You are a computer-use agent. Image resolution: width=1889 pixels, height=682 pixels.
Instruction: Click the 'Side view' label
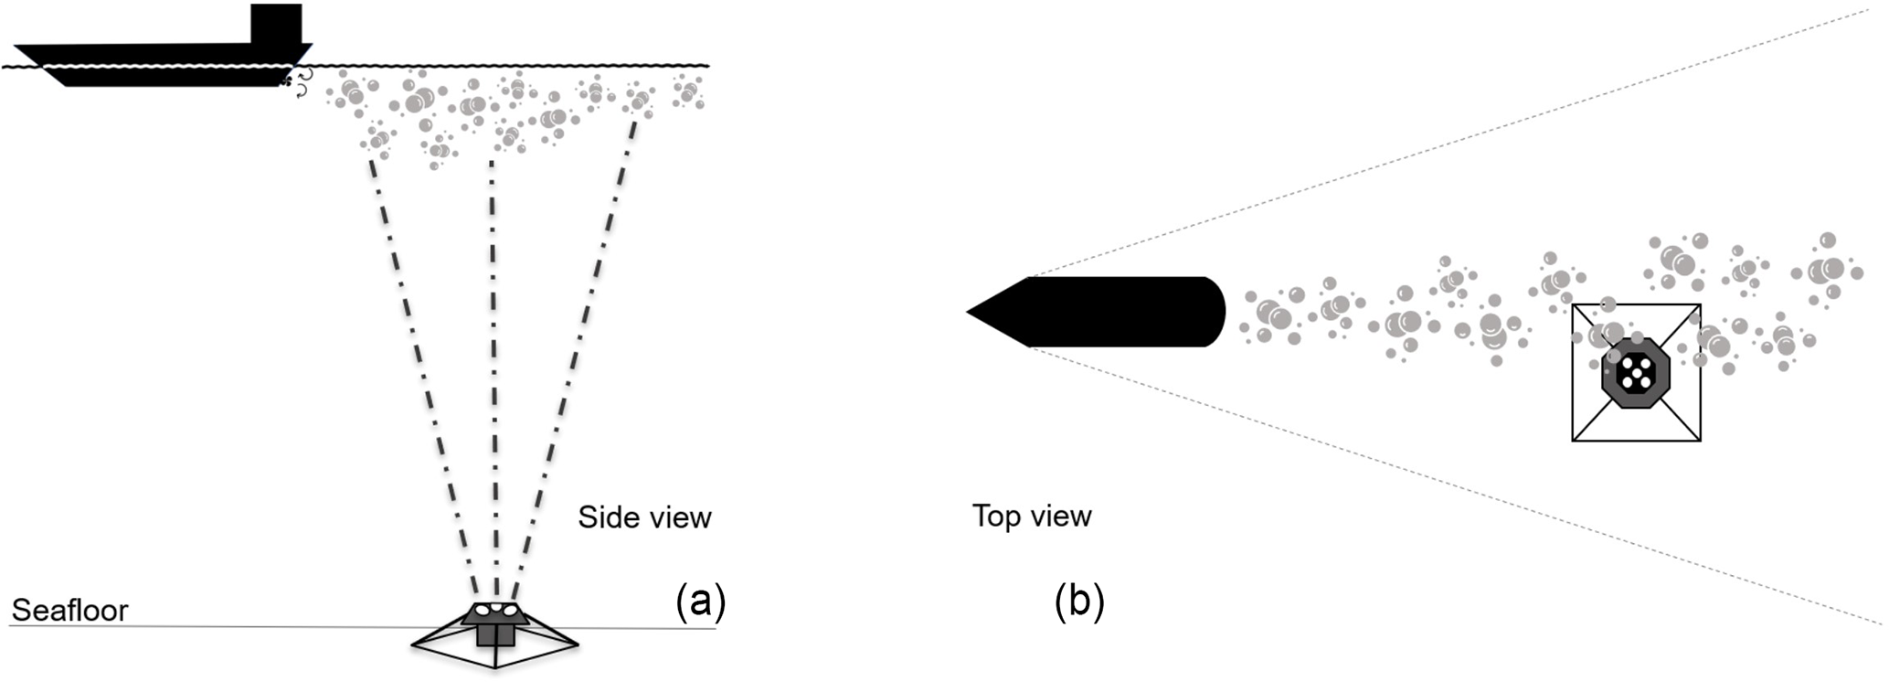pyautogui.click(x=644, y=517)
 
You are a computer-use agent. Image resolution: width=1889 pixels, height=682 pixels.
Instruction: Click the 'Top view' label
pyautogui.click(x=1032, y=516)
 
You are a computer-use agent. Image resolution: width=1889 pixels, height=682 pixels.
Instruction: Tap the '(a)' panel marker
pyautogui.click(x=700, y=602)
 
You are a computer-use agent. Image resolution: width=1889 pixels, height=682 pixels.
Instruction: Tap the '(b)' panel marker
pyautogui.click(x=1079, y=602)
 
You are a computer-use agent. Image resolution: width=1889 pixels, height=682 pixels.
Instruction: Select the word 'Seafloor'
pyautogui.click(x=69, y=611)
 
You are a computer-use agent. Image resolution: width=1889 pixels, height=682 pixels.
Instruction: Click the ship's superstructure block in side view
pyautogui.click(x=276, y=24)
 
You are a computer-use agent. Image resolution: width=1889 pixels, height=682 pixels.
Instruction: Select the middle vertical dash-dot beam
pyautogui.click(x=493, y=366)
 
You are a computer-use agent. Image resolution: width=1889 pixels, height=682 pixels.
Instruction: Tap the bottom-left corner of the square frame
pyautogui.click(x=1574, y=440)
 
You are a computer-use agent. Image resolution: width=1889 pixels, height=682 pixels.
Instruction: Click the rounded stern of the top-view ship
pyautogui.click(x=1217, y=312)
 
